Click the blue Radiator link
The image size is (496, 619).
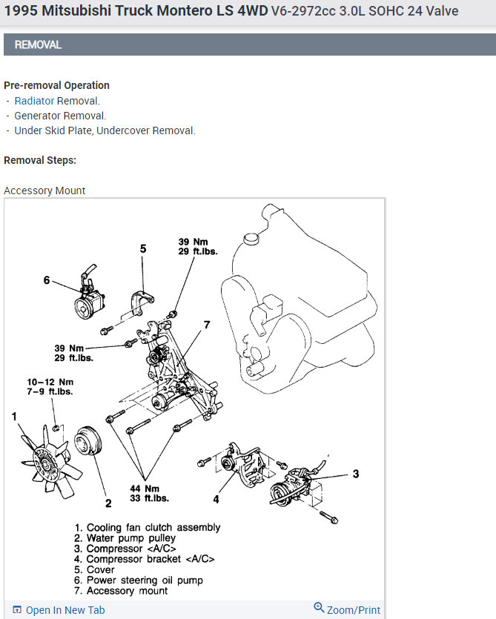pos(34,101)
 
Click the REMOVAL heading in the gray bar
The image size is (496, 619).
pos(38,45)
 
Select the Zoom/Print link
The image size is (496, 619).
pos(347,610)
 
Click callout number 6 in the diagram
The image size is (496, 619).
pos(47,280)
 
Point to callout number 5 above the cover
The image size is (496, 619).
pos(143,249)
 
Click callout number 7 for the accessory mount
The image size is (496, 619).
pos(207,325)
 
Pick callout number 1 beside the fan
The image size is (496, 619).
pos(14,417)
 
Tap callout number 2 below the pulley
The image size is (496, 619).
pos(108,503)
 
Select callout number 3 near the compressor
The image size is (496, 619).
pos(356,474)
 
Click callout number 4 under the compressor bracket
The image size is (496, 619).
pos(216,499)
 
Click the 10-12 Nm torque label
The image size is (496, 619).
pos(51,386)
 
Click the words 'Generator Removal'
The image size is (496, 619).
pos(60,116)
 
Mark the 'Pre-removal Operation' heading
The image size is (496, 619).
pos(56,85)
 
